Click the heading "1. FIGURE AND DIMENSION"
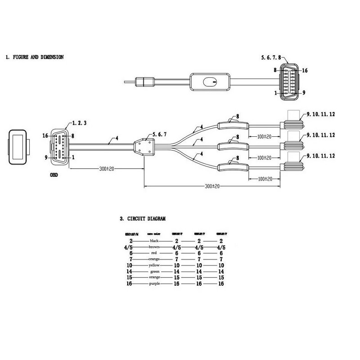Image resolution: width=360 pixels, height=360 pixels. click(x=35, y=57)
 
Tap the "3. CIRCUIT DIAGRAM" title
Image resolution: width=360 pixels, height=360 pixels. click(x=144, y=219)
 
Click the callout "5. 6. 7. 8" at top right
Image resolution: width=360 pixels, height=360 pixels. click(x=273, y=58)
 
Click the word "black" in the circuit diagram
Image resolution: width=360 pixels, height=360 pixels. click(x=155, y=241)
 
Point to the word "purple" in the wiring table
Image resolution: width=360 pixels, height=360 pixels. click(x=155, y=284)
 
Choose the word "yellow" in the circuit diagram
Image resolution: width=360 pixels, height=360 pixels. click(x=155, y=266)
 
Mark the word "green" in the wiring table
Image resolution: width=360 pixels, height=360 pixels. click(x=155, y=272)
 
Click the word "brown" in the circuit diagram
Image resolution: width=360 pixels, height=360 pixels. click(x=155, y=247)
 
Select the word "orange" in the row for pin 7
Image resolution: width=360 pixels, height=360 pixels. click(x=155, y=260)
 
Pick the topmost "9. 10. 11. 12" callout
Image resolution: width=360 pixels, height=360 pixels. click(x=320, y=115)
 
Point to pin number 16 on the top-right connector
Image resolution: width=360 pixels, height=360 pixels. click(x=305, y=71)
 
